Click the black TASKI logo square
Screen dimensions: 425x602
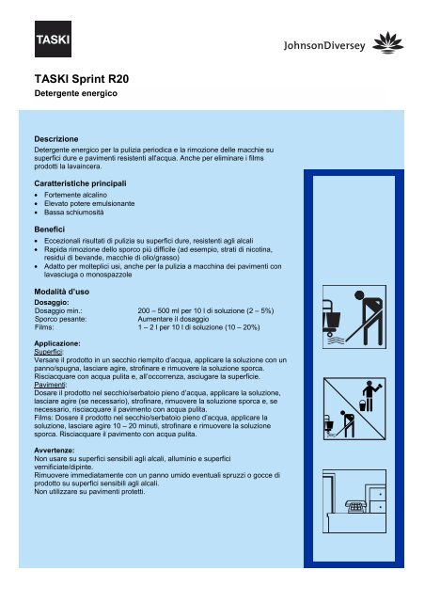pos(53,39)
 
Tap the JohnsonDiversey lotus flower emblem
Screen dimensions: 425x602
pos(387,42)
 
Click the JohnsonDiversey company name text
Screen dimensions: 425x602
pos(324,46)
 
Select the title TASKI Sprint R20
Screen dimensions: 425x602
pos(82,79)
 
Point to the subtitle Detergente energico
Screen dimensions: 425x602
pos(75,93)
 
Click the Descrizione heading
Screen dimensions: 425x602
pos(56,139)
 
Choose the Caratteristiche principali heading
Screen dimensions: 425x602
pos(80,183)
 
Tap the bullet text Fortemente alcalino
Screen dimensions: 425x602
pos(75,195)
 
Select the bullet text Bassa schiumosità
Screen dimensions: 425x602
pos(73,213)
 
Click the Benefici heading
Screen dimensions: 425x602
pos(50,230)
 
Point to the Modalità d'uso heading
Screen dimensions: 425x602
pos(62,292)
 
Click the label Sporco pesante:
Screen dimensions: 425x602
pos(61,319)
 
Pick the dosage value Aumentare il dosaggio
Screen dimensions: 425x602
pos(173,319)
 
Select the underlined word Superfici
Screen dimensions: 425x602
pos(48,352)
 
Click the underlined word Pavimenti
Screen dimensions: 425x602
pos(50,385)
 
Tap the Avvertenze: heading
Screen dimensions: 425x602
pos(55,450)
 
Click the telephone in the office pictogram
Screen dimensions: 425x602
pos(355,506)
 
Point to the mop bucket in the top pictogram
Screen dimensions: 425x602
pos(332,319)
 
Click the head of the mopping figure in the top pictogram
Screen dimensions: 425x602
pos(359,295)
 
